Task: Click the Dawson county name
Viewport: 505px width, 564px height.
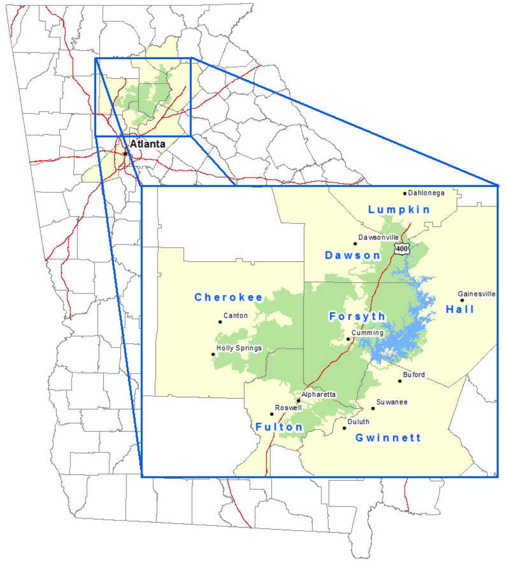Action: [x=352, y=255]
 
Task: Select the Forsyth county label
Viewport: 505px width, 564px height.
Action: [x=357, y=316]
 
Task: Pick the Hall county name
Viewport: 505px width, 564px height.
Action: [x=460, y=309]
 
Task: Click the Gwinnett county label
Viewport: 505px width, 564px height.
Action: [x=388, y=438]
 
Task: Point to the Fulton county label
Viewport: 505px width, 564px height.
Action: [x=279, y=427]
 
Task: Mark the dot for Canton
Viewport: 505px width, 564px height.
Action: [x=220, y=322]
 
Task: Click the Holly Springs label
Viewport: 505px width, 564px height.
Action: [x=239, y=348]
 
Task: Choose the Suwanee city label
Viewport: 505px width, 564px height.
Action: [x=392, y=402]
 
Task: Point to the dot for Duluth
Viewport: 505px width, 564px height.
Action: [x=344, y=428]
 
